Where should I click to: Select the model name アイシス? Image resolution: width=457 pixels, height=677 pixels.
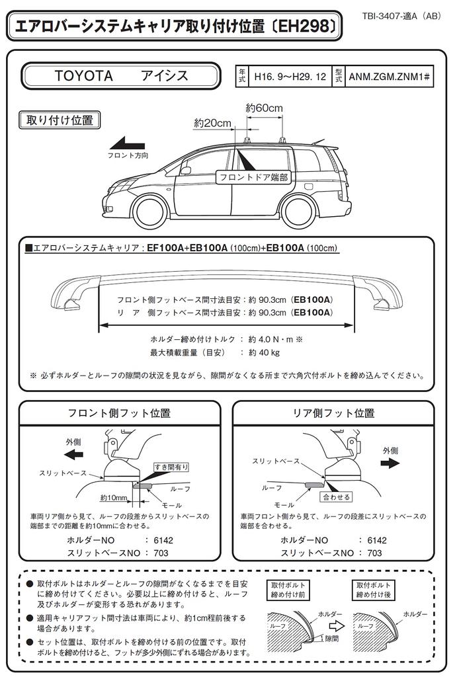pyautogui.click(x=165, y=75)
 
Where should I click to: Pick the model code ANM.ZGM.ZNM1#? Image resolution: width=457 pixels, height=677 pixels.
pyautogui.click(x=390, y=77)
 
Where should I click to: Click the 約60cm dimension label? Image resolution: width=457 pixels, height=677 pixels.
pyautogui.click(x=264, y=107)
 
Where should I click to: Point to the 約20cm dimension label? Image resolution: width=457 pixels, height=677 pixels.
pyautogui.click(x=213, y=123)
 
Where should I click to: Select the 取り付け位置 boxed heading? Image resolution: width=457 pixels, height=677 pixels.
pyautogui.click(x=59, y=120)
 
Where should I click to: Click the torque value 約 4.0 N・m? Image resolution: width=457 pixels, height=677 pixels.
pyautogui.click(x=275, y=338)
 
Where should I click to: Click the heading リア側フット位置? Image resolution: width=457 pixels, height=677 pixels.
pyautogui.click(x=334, y=413)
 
